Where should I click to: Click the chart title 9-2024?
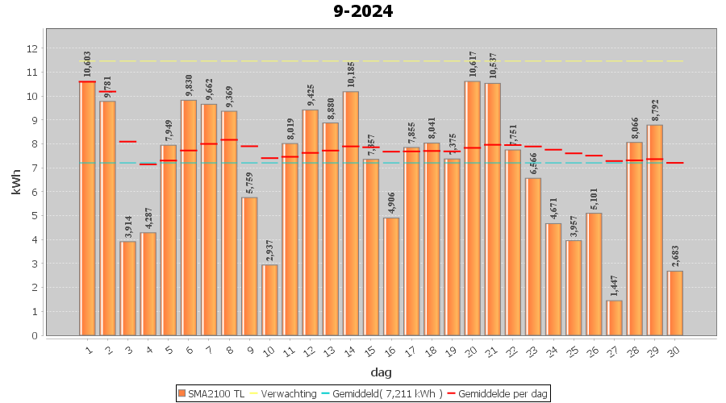(363, 12)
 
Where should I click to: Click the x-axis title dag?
(381, 372)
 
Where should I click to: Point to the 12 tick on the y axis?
(32, 48)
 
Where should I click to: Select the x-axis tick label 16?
(390, 349)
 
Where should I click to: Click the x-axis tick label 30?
(674, 349)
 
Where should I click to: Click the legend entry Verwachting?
(286, 393)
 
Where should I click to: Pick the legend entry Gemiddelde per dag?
(503, 393)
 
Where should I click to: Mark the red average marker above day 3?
(127, 142)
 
